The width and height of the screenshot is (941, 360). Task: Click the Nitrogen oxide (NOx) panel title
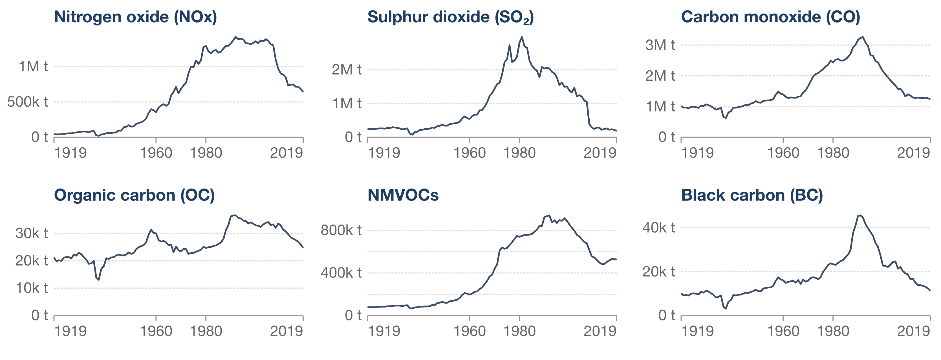point(136,17)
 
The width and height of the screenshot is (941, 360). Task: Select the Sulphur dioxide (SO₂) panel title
point(450,17)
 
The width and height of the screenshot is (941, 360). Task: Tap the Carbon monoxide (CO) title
point(770,17)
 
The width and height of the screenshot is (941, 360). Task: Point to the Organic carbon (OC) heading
point(134,195)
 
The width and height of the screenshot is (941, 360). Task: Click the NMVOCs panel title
point(403,195)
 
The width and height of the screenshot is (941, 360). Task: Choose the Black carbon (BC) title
point(752,195)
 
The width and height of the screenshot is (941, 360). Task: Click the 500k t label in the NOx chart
point(27,102)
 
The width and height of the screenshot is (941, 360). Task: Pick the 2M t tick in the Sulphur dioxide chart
point(346,69)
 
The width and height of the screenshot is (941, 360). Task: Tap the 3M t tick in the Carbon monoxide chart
point(660,45)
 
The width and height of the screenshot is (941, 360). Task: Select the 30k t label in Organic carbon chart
point(31,233)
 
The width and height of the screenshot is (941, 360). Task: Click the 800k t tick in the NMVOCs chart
point(341,230)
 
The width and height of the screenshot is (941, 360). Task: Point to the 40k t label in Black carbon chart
point(659,228)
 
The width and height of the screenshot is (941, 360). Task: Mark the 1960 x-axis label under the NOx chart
point(156,153)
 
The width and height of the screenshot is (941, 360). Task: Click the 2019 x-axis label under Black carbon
point(913,331)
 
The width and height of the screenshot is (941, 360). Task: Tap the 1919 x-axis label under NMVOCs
point(384,331)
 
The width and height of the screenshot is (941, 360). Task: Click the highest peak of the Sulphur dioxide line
point(522,37)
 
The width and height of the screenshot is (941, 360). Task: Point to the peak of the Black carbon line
point(860,215)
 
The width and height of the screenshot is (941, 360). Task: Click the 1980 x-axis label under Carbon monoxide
point(833,153)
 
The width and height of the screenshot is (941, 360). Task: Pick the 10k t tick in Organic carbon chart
point(31,288)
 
